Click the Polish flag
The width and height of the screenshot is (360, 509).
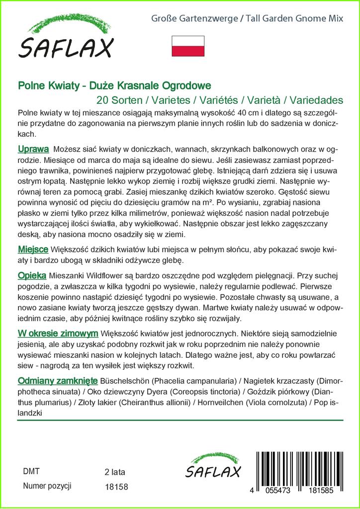188,46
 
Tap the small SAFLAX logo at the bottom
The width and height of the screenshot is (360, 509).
213,467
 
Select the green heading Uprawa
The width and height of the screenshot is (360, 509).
33,149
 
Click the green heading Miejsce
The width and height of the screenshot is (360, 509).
33,249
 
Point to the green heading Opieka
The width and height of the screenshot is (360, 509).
32,275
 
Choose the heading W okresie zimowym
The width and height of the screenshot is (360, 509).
57,333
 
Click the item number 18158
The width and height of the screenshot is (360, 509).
117,487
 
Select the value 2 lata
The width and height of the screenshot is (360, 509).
115,472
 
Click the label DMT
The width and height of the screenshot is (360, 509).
31,471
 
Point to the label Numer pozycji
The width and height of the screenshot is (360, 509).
48,486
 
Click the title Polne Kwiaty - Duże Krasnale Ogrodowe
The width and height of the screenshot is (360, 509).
114,85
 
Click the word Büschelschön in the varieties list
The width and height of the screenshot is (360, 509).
124,381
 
